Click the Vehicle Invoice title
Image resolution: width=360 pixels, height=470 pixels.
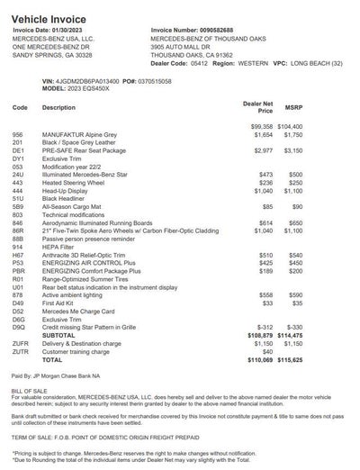[44, 8]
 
